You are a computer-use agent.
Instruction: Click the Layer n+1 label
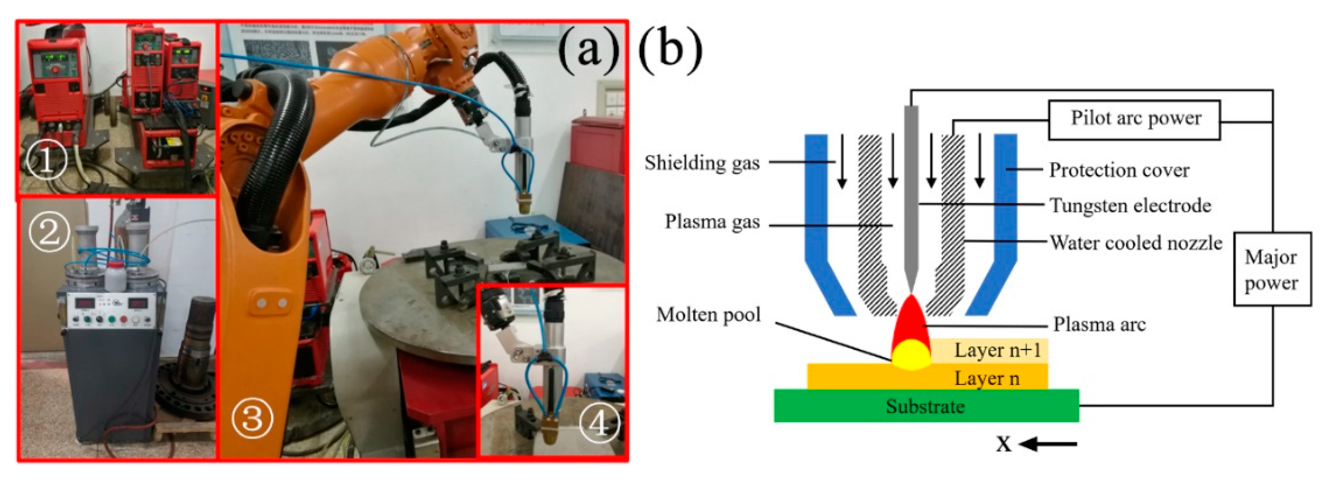(x=997, y=350)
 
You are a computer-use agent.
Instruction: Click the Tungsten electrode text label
(x=1130, y=205)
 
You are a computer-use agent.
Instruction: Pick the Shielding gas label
(x=702, y=163)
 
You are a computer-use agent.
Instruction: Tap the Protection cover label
(x=1119, y=170)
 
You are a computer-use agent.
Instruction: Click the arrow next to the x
(x=1049, y=444)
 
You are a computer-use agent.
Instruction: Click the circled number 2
(x=49, y=231)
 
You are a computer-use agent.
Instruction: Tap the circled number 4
(x=598, y=424)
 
